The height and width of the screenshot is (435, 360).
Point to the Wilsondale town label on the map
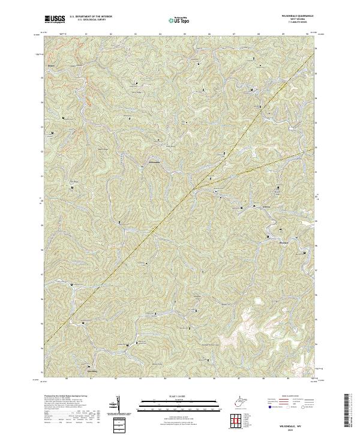click(154, 164)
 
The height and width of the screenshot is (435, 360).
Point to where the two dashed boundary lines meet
click(193, 189)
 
